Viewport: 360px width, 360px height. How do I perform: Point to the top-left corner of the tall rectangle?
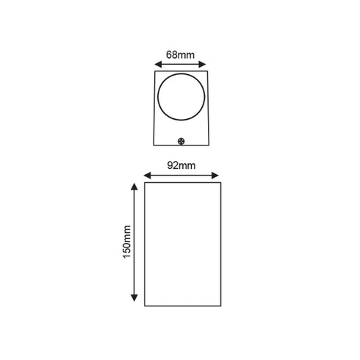(144, 184)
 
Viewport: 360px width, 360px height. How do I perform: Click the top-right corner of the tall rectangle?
(218, 184)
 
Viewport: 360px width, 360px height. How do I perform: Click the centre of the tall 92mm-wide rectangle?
(181, 243)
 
